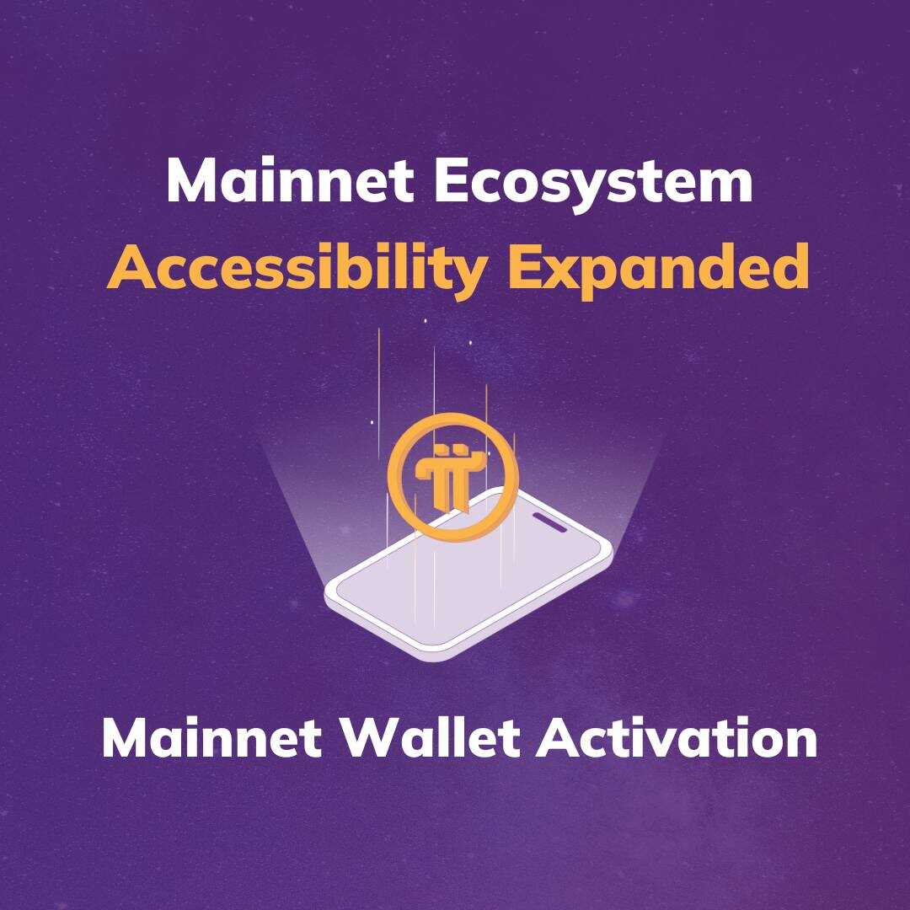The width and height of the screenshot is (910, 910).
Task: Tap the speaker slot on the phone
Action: [x=550, y=522]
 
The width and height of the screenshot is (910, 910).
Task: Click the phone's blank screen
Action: [x=464, y=586]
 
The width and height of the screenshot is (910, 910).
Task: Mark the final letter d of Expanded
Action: [x=790, y=267]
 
